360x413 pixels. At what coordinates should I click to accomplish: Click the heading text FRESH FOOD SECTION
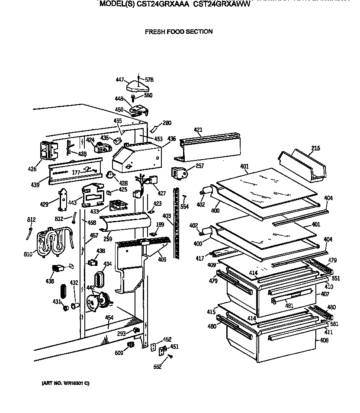coord(179,32)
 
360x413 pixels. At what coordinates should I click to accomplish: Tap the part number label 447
coord(120,80)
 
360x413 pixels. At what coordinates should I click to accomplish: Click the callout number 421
coord(198,130)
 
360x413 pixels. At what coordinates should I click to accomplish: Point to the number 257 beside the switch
coord(199,166)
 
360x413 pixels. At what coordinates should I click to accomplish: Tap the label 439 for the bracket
coord(35,185)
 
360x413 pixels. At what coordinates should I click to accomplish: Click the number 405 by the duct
coord(162,260)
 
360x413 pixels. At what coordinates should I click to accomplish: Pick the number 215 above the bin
coord(315,148)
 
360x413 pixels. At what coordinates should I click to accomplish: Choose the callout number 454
coord(109,318)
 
